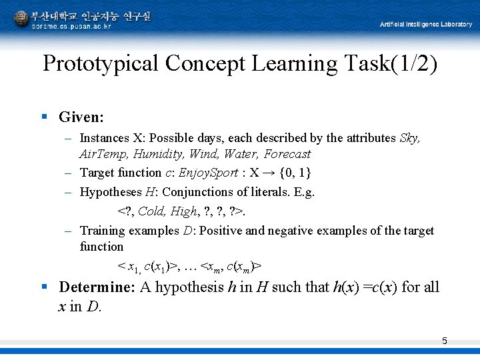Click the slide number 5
point(445,341)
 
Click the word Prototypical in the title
point(101,64)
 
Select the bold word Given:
point(81,117)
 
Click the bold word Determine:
point(97,287)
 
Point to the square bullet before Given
point(44,117)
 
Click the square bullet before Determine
point(44,287)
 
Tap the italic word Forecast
point(287,154)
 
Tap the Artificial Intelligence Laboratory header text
point(425,25)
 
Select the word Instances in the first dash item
point(104,138)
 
